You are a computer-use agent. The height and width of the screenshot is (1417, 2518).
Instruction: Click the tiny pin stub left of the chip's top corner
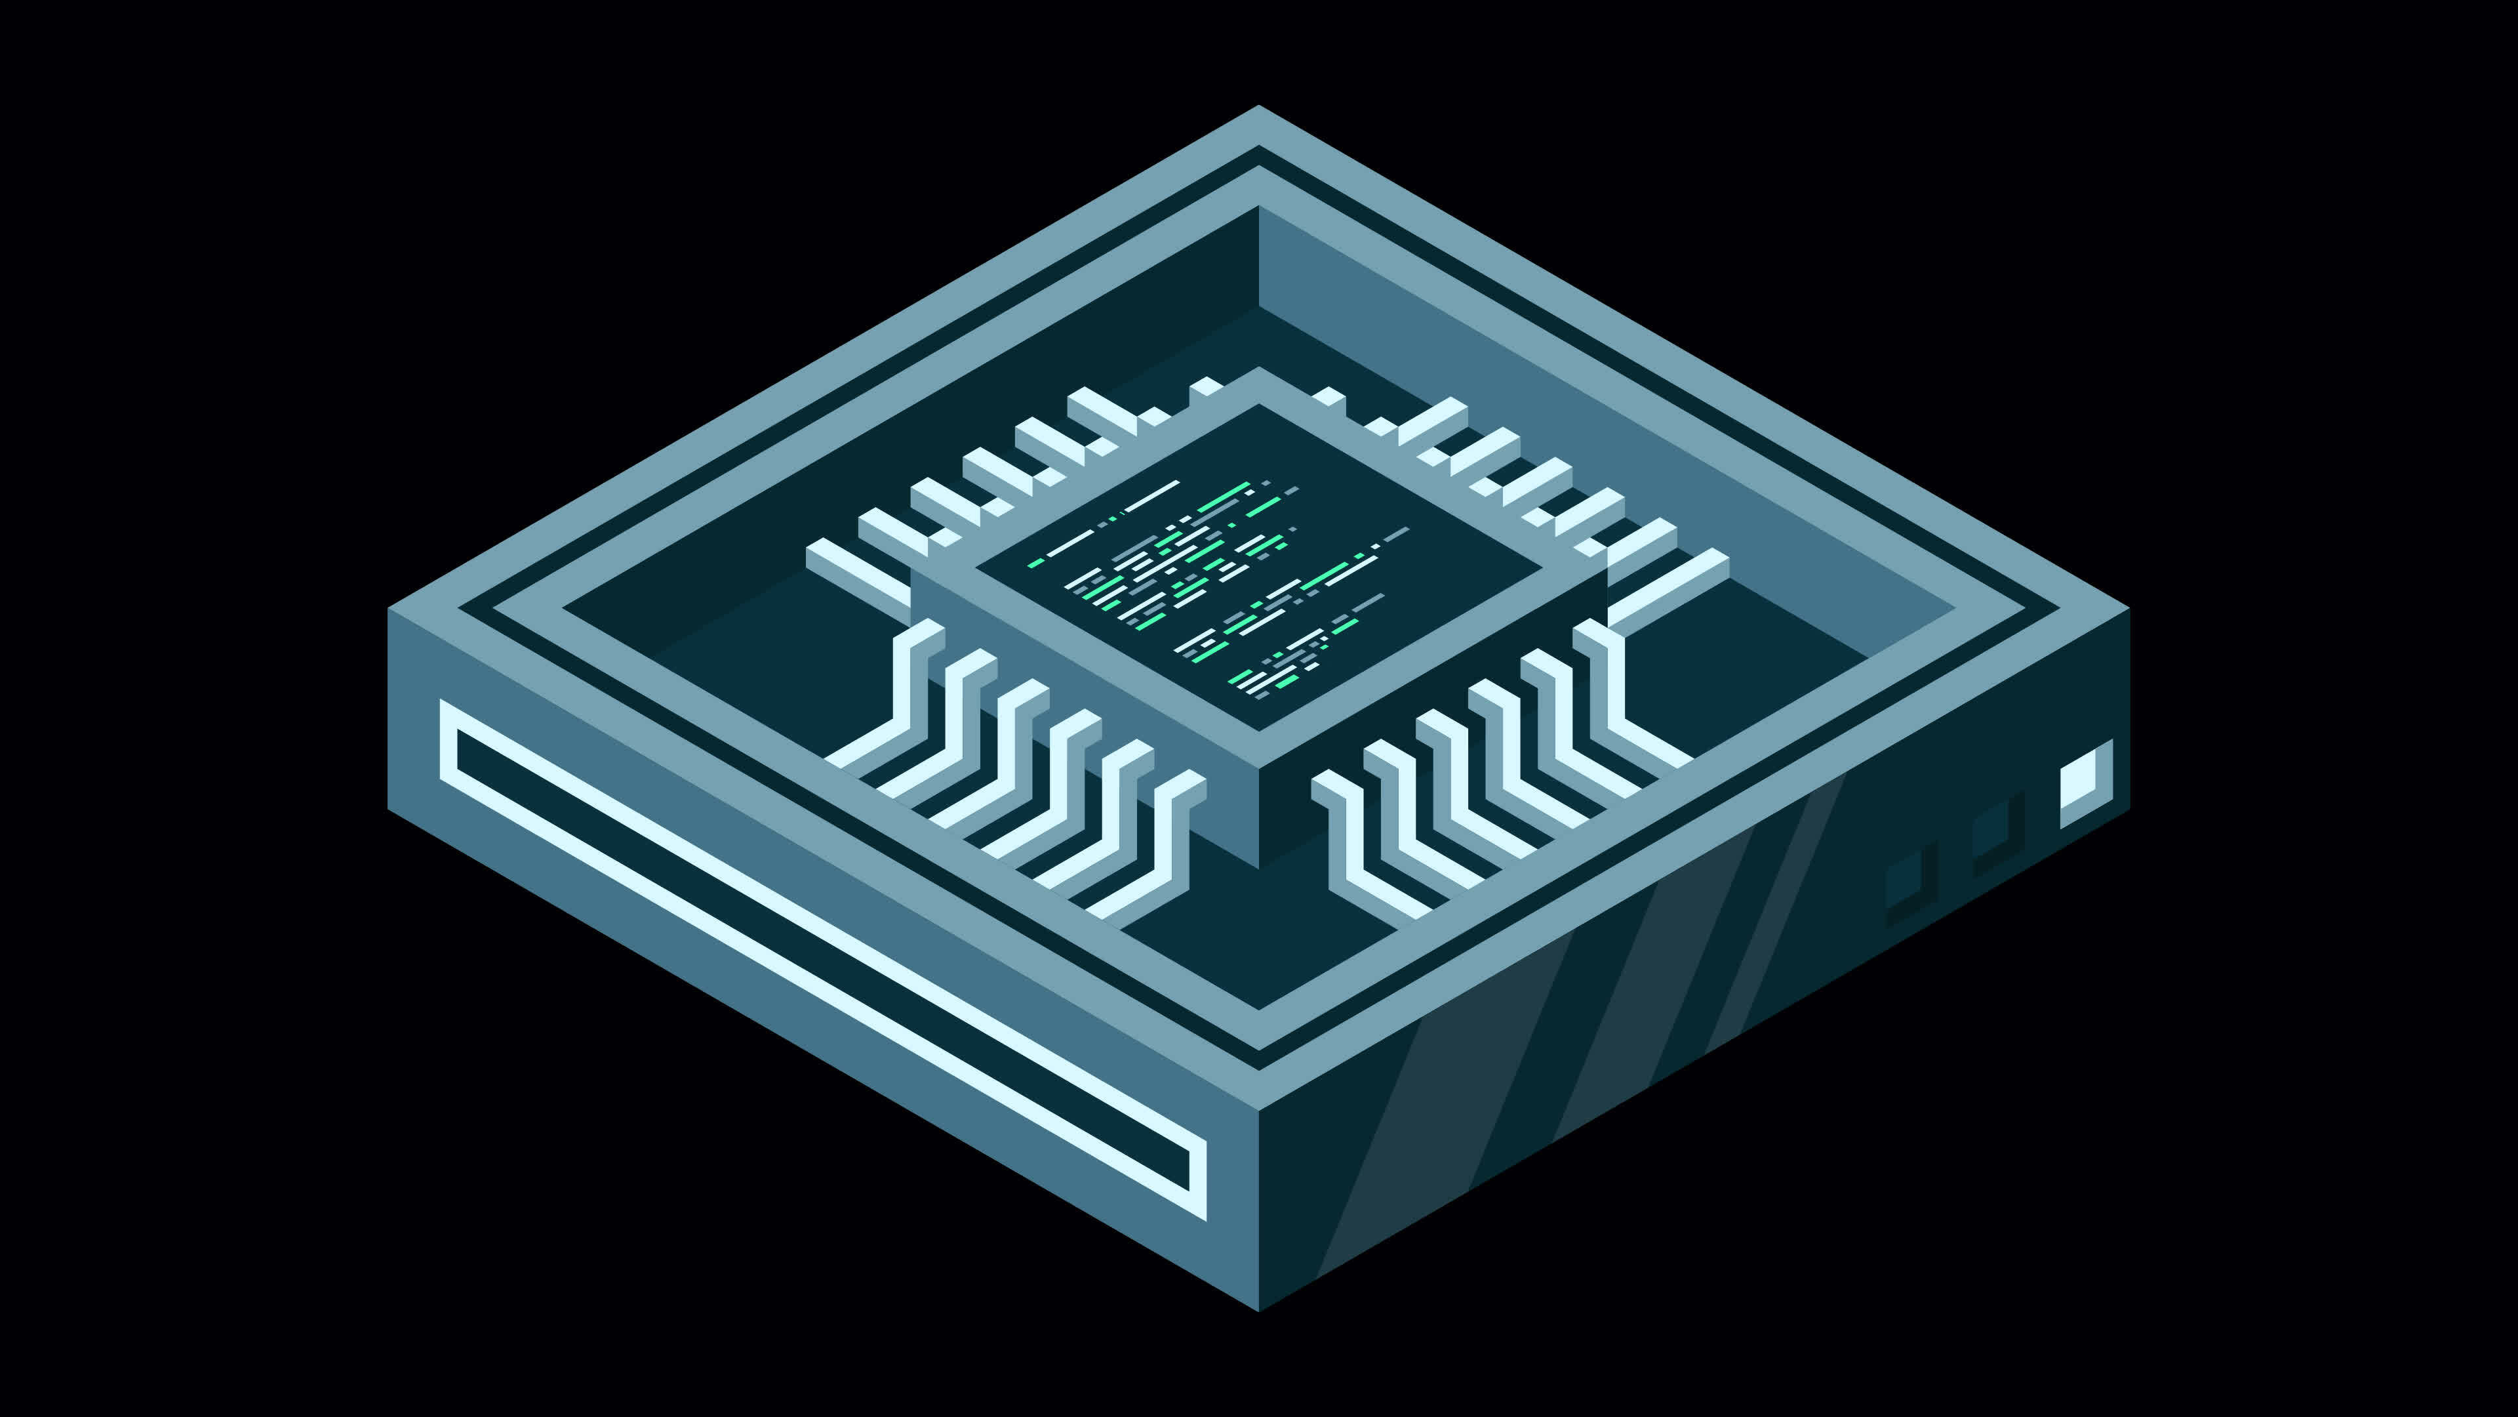tap(1207, 387)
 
